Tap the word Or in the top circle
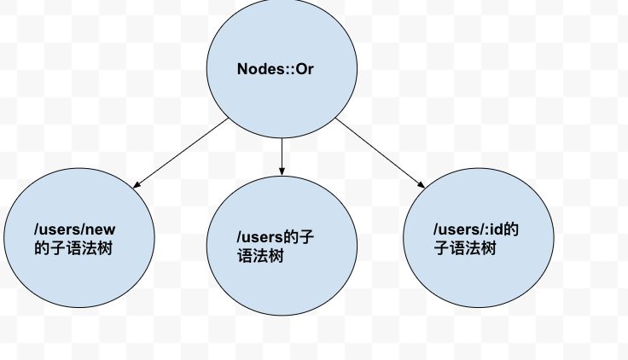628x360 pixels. coord(305,69)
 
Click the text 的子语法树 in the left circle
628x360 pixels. coord(73,248)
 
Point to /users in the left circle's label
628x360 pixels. coord(57,229)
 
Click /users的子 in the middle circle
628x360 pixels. coord(276,237)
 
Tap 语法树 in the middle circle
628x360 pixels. coord(260,256)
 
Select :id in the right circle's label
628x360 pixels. coord(494,229)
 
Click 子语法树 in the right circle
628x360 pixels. coord(465,248)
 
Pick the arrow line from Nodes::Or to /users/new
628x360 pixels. coord(181,153)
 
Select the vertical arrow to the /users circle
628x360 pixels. coord(282,157)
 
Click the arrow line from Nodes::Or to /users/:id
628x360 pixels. coord(380,153)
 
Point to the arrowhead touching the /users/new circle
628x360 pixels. coord(137,184)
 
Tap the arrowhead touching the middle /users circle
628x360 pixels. coord(282,171)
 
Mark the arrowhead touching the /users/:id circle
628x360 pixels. coord(422,184)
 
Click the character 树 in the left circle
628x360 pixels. coord(105,248)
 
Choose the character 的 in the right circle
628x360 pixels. coord(511,229)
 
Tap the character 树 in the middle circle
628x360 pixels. coord(276,256)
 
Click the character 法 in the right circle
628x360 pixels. coord(473,248)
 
